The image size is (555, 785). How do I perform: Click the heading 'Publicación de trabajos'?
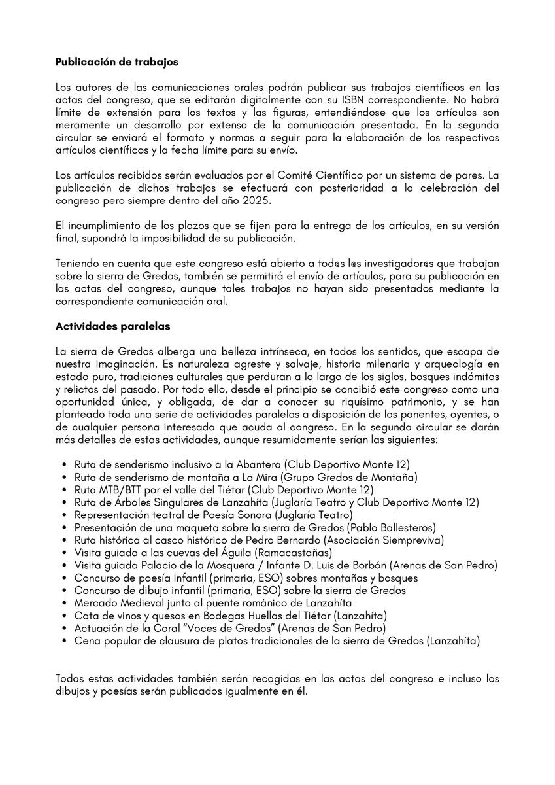click(117, 63)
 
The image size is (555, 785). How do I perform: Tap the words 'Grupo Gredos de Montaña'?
click(353, 477)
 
